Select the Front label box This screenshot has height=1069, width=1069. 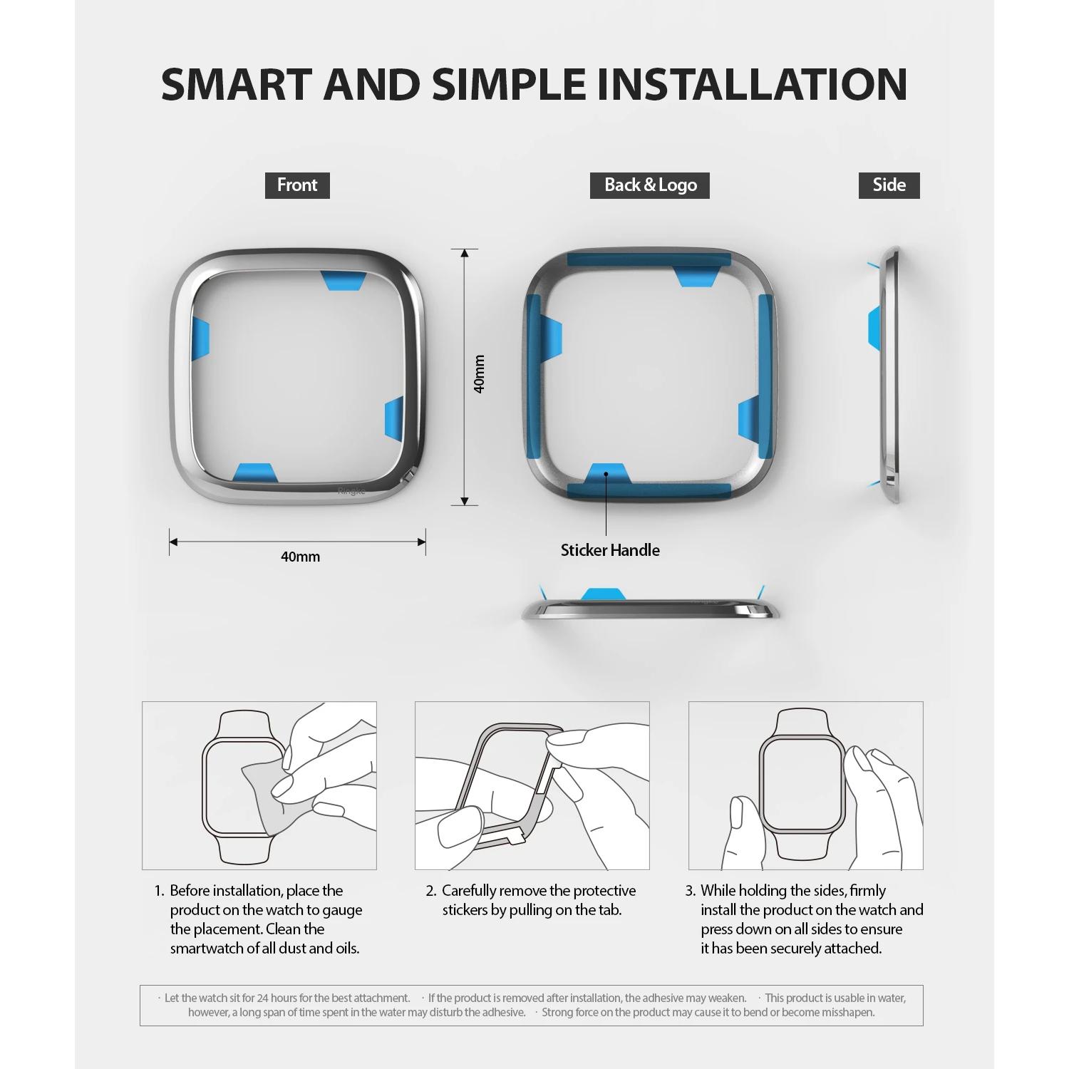tap(297, 185)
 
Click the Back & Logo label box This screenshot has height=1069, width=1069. tap(650, 185)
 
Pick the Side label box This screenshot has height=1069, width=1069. tap(889, 185)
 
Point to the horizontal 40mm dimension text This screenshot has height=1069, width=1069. tap(300, 557)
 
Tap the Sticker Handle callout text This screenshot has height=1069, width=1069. tap(610, 550)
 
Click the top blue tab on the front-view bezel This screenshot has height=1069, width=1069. tap(341, 281)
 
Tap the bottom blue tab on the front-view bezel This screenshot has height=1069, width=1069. tap(254, 472)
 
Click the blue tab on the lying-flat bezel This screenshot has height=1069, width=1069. tap(604, 594)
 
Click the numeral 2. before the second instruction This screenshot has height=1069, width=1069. tap(431, 891)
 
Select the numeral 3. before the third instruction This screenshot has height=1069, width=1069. tap(690, 891)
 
